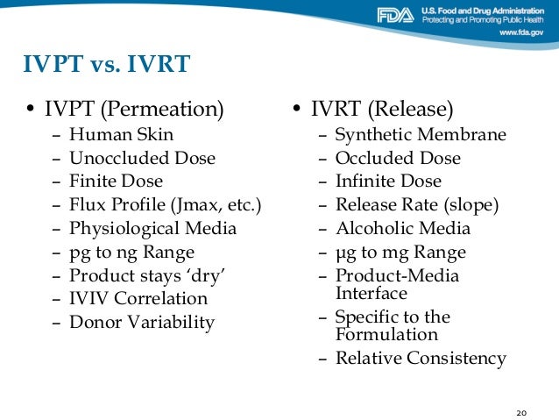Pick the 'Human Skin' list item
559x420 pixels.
[122, 134]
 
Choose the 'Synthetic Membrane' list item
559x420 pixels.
[421, 134]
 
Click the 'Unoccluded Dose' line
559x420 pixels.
[142, 158]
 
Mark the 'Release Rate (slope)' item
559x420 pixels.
[417, 205]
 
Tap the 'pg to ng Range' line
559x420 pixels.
[132, 253]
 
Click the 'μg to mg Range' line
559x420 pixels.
[400, 253]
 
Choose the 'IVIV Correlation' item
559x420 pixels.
[138, 299]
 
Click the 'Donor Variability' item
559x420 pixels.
[142, 323]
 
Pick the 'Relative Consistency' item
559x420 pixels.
[421, 358]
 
